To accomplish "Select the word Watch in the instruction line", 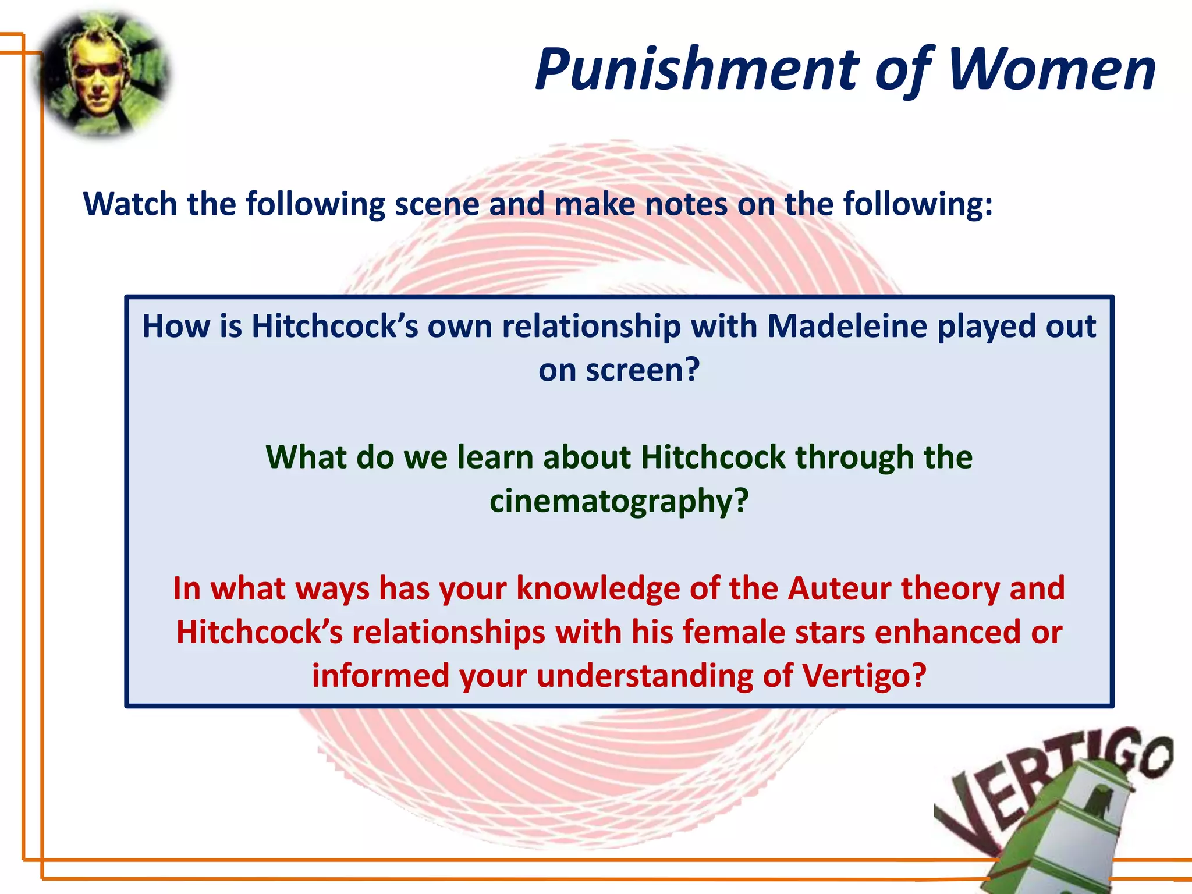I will point(130,205).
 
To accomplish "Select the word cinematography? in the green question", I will point(619,501).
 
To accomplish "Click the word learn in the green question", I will point(495,457).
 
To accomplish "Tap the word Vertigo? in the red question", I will point(864,676).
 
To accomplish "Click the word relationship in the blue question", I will point(591,326).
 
